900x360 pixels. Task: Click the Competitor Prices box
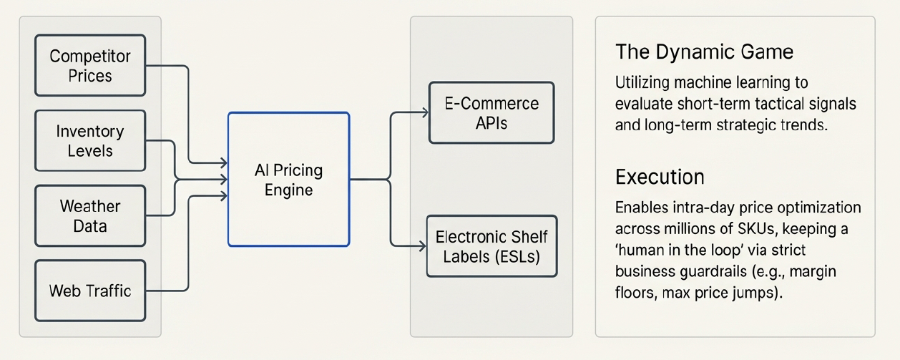90,66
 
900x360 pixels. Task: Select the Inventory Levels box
90,141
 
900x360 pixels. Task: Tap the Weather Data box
90,216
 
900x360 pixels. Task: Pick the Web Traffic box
90,291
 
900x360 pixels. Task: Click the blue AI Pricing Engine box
288,180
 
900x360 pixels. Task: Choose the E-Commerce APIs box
491,113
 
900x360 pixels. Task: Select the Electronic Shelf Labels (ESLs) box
491,246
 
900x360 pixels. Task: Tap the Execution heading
660,177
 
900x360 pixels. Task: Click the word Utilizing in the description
640,83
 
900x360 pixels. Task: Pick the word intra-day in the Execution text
690,208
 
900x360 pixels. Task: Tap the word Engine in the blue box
288,190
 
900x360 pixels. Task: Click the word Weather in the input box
90,206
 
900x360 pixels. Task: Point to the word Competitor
90,56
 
